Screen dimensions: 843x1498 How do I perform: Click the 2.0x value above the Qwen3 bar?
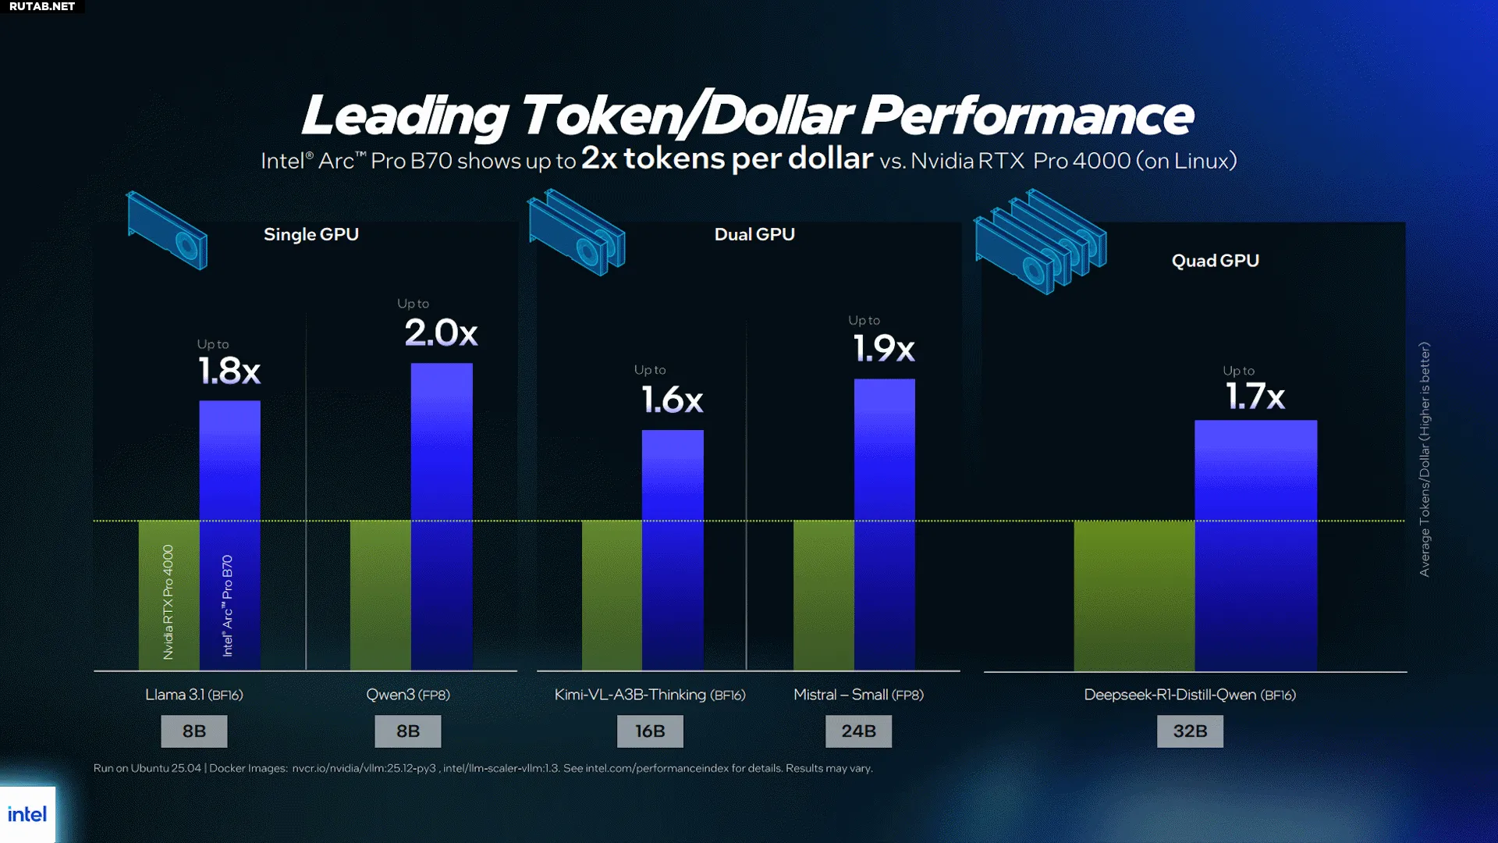[441, 333]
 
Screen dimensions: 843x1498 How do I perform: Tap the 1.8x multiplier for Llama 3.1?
[229, 371]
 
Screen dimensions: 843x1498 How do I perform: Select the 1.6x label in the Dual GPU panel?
[673, 400]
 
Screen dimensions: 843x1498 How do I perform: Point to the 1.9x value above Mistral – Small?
[884, 348]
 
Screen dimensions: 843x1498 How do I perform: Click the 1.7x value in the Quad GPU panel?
[1255, 397]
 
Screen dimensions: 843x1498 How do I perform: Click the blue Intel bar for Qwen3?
[442, 515]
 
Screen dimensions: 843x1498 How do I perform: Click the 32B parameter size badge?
[1190, 731]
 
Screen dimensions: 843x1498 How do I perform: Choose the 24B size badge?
[858, 731]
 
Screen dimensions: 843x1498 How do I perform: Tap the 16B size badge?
[650, 731]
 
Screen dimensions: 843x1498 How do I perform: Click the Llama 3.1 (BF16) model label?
[194, 695]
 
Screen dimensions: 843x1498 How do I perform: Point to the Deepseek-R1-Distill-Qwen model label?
[1190, 695]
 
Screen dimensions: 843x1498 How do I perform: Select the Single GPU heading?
[311, 234]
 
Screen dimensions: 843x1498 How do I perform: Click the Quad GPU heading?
[1215, 261]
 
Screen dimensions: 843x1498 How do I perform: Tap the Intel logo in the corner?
[27, 815]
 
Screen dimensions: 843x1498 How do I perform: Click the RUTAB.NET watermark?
[42, 6]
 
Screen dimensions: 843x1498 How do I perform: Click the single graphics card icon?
[167, 230]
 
